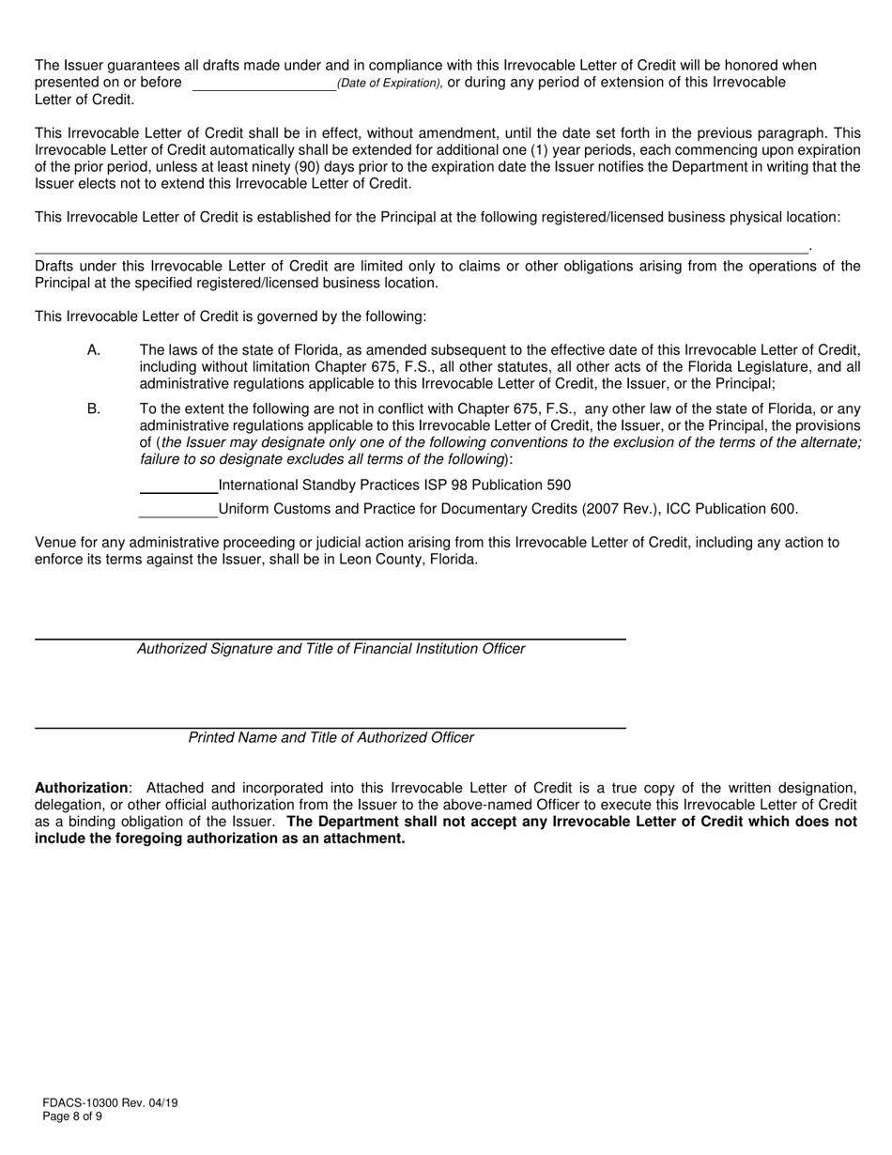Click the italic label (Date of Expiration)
tap(390, 84)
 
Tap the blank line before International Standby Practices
tap(177, 487)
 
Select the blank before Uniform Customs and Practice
tap(177, 511)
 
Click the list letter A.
tap(93, 350)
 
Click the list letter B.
tap(93, 409)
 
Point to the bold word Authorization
tap(81, 788)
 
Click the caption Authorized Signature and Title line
tap(331, 649)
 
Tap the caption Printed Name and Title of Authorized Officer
tap(331, 738)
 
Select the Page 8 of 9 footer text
tap(72, 1116)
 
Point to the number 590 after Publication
tap(559, 485)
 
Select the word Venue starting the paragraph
tap(54, 543)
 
